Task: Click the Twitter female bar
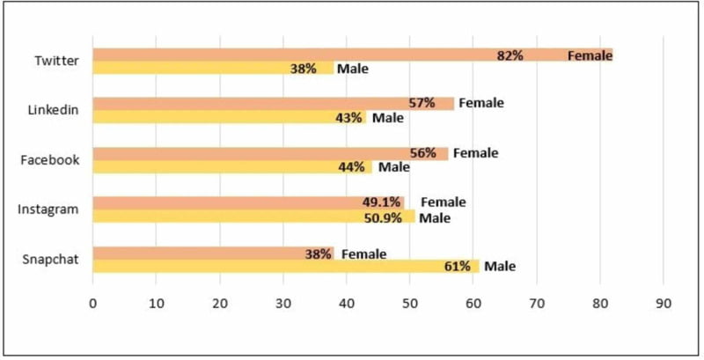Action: pyautogui.click(x=352, y=55)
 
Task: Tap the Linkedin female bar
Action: pyautogui.click(x=273, y=103)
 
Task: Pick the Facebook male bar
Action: pyautogui.click(x=232, y=166)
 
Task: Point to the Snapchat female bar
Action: pyautogui.click(x=212, y=253)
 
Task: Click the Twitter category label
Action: pyautogui.click(x=56, y=62)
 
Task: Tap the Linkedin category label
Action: pyautogui.click(x=54, y=110)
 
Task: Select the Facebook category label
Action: pyautogui.click(x=50, y=160)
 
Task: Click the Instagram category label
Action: pyautogui.click(x=49, y=209)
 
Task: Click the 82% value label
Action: pyautogui.click(x=510, y=55)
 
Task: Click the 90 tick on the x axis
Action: pyautogui.click(x=664, y=303)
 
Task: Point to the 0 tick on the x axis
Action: pyautogui.click(x=93, y=303)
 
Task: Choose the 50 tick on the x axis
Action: pyautogui.click(x=410, y=303)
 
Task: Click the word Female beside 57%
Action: pyautogui.click(x=480, y=103)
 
